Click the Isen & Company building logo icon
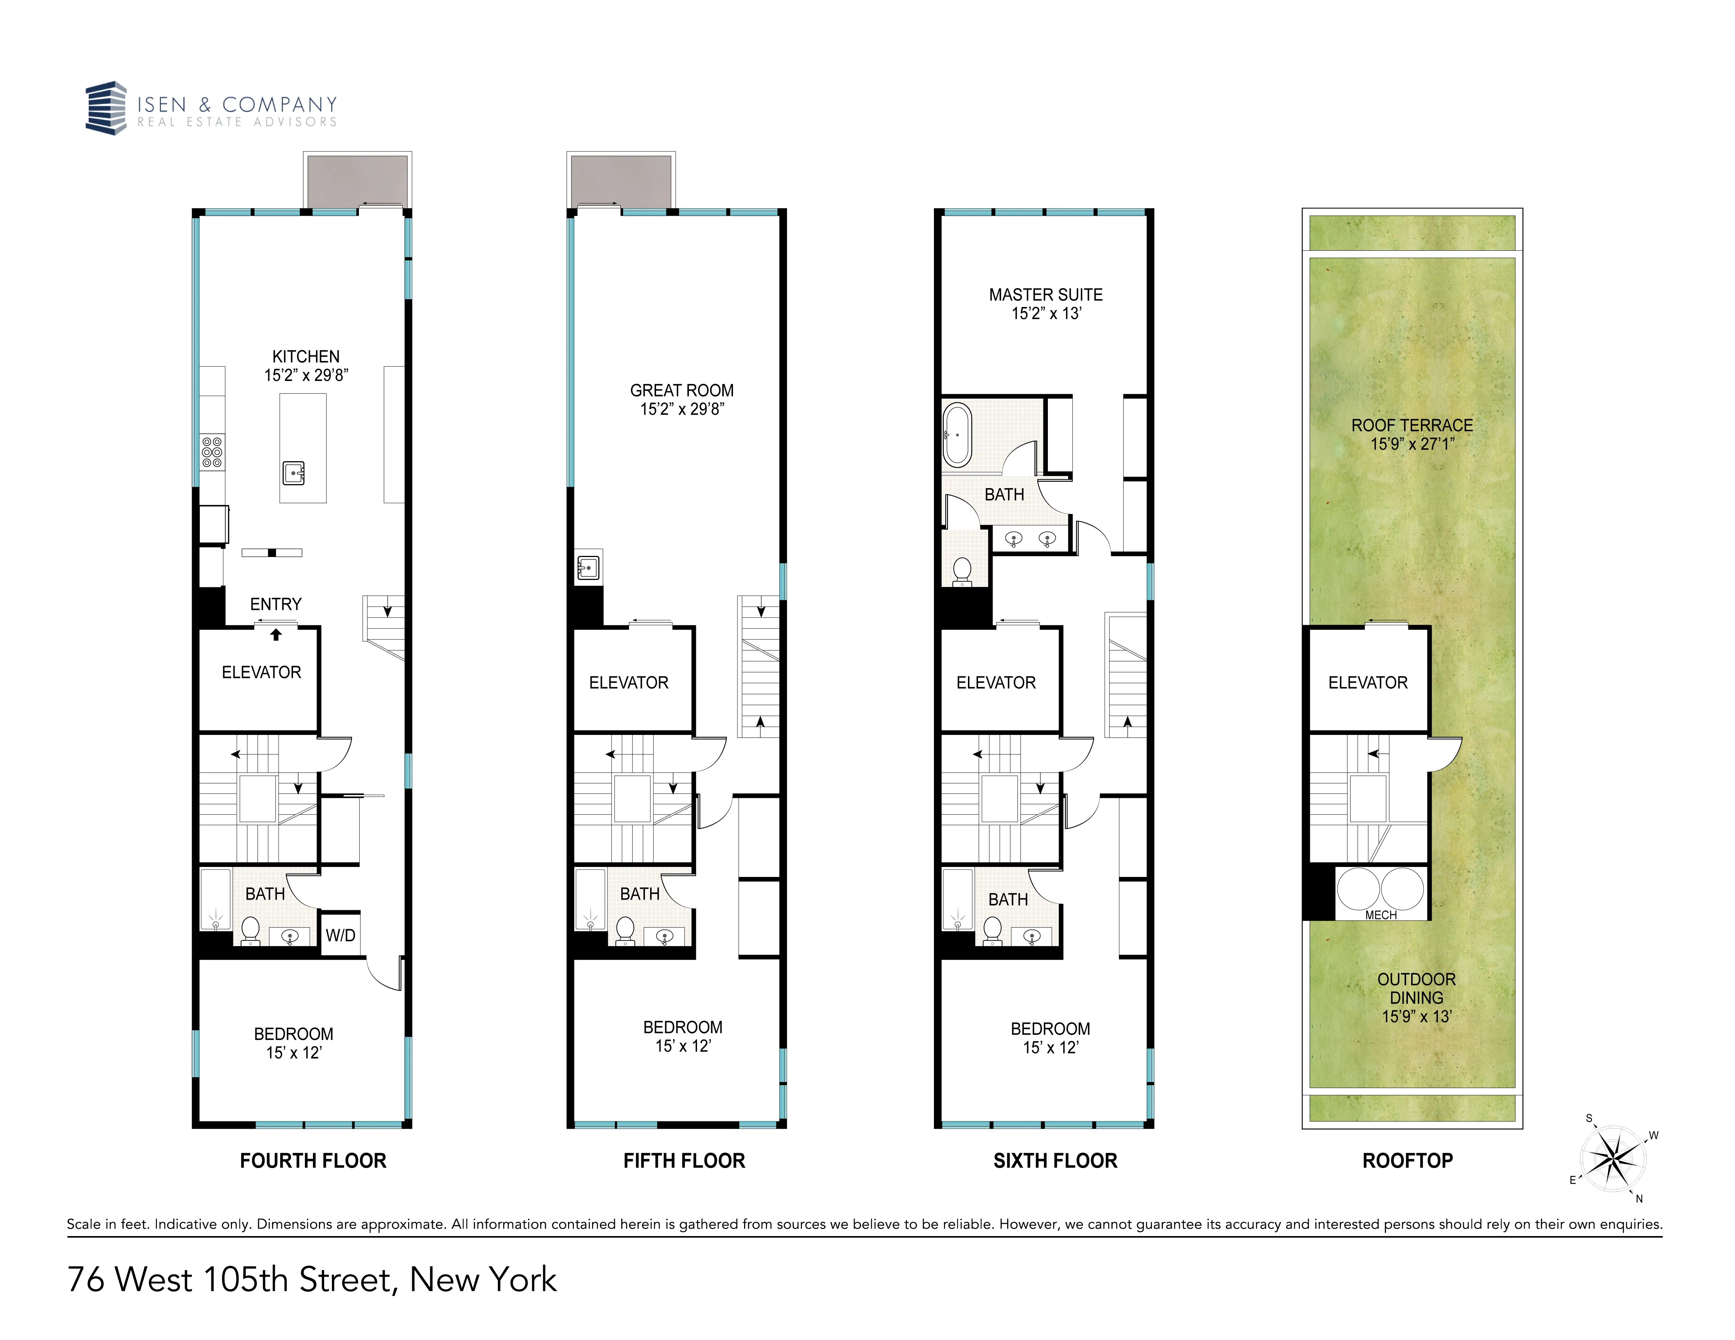tap(107, 108)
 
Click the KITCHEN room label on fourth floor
tap(306, 357)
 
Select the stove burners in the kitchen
tap(212, 452)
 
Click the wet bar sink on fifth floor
tap(588, 567)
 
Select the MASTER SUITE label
tap(1045, 295)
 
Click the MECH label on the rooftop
tap(1381, 915)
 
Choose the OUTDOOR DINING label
tap(1416, 989)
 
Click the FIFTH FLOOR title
tap(684, 1161)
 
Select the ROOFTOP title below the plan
tap(1407, 1161)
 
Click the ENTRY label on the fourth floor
tap(276, 604)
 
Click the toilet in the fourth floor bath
tap(250, 929)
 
